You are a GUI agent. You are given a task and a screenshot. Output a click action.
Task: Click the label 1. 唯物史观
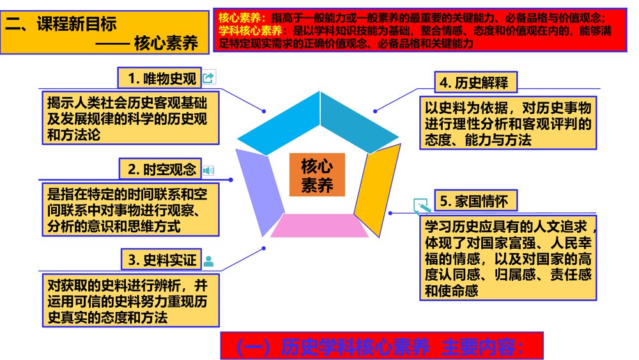159,78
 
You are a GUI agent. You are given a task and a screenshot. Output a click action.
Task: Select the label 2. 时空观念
160,169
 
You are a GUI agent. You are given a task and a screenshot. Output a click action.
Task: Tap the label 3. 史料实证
160,260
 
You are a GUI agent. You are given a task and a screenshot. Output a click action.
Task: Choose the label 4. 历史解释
476,82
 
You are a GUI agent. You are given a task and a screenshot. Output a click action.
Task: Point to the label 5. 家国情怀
475,201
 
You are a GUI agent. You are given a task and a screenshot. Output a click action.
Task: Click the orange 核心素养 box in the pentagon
317,175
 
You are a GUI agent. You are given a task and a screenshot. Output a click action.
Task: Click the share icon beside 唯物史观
208,78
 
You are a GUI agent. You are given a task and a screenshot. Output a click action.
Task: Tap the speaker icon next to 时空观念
209,170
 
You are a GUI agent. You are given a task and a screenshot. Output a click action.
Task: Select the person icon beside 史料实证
208,260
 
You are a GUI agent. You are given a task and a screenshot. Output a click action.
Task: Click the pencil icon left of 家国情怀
421,205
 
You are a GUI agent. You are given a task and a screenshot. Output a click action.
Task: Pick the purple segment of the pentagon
259,185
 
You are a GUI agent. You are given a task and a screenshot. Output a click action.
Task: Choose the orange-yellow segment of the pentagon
378,182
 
